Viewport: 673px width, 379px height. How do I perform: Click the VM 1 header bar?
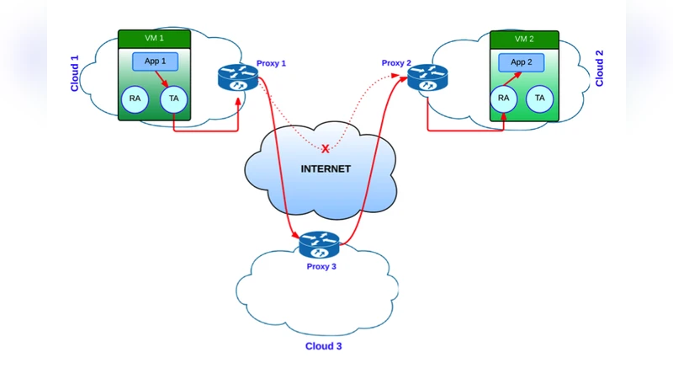click(x=154, y=39)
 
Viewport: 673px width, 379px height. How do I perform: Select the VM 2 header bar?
click(x=524, y=40)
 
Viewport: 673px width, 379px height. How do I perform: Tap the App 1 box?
click(x=155, y=61)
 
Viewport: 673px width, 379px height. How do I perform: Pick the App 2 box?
click(x=521, y=62)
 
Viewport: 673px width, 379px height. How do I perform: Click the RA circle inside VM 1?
click(x=135, y=99)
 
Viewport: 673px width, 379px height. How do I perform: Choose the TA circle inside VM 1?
click(x=174, y=99)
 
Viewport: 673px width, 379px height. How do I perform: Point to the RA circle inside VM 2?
click(x=504, y=99)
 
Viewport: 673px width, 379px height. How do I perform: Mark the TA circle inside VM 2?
click(x=539, y=99)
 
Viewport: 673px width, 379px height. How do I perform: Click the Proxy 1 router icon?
click(x=236, y=78)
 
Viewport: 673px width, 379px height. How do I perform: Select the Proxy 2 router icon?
click(x=425, y=78)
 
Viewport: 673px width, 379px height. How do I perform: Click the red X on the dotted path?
click(x=326, y=149)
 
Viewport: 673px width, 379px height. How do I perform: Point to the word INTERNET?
click(x=326, y=169)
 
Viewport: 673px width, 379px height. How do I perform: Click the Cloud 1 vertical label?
click(x=75, y=73)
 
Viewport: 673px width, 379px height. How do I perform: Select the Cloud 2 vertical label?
click(x=600, y=68)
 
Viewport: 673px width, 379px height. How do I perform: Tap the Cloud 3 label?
click(x=323, y=345)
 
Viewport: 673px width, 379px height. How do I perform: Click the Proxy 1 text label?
click(x=272, y=63)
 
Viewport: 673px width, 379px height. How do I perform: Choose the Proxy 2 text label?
click(x=396, y=63)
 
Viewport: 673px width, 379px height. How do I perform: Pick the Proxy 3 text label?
click(x=321, y=266)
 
